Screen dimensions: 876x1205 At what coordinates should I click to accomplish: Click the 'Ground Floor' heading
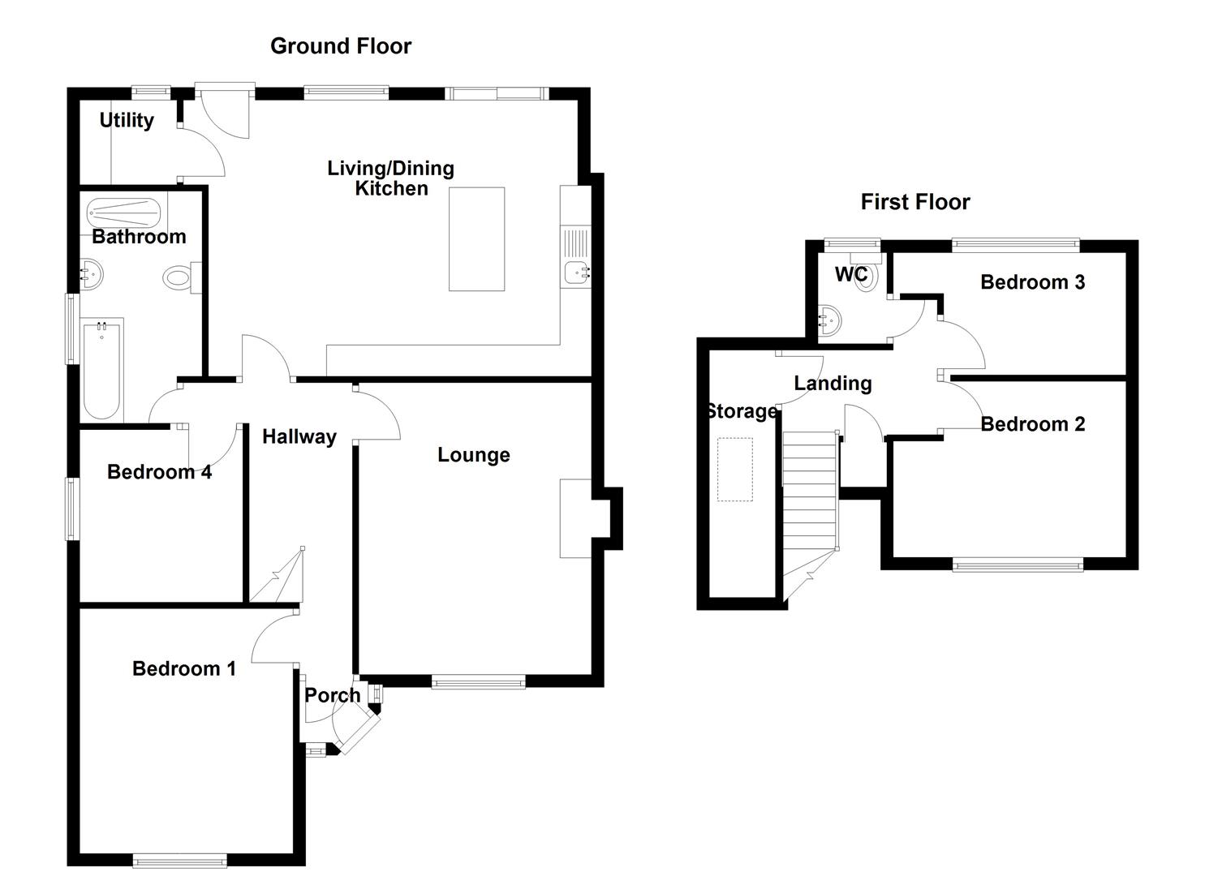coord(340,46)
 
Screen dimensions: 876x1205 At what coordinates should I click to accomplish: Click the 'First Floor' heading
coord(915,202)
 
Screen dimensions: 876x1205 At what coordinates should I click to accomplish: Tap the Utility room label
coord(127,120)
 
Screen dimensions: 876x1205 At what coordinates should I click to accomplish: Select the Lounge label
coord(473,455)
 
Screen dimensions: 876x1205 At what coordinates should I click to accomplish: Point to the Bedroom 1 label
coord(184,668)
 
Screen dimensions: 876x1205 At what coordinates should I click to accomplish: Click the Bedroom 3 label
coord(1032,282)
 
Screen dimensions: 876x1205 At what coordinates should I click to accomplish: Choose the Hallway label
coord(299,437)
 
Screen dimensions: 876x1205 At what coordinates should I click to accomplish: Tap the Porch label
coord(332,695)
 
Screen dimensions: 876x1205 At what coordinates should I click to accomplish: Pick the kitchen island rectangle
coord(476,238)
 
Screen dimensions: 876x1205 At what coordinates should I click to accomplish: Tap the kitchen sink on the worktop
coord(577,273)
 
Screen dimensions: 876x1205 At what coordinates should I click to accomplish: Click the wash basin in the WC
coord(829,320)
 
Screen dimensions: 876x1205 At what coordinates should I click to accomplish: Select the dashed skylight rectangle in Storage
coord(734,469)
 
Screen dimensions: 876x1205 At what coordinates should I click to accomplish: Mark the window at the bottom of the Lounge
coord(478,682)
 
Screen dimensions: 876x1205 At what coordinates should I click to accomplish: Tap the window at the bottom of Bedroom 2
coord(1018,564)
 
